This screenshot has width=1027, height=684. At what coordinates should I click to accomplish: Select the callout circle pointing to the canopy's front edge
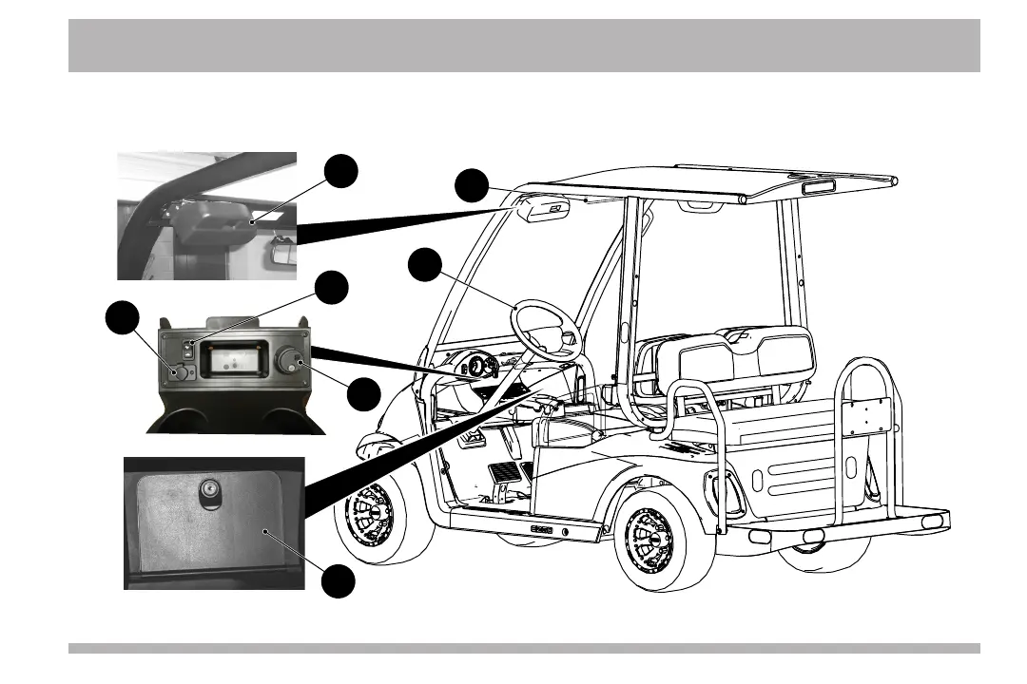tap(472, 186)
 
